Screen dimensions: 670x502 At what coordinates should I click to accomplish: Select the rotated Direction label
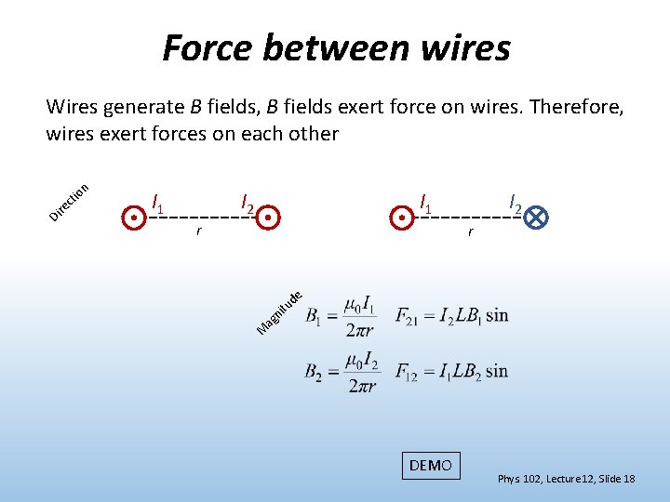[x=69, y=202]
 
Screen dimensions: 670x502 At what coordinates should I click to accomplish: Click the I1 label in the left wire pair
[x=158, y=202]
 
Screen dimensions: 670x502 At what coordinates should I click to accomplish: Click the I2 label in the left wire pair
[x=248, y=202]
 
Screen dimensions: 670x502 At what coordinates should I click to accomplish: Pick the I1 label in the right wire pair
[x=426, y=202]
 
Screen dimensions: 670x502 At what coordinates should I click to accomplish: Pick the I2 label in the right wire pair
[x=516, y=202]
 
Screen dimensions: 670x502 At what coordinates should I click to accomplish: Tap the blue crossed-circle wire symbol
[x=536, y=218]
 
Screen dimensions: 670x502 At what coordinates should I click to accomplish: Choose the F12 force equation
[x=451, y=371]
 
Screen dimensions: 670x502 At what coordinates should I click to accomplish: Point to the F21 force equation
[x=451, y=315]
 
